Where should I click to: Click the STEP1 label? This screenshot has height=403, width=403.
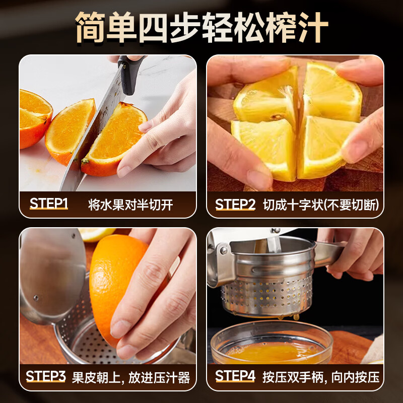49,204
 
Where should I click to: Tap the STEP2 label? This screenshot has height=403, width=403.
235,205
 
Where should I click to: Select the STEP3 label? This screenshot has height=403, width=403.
46,376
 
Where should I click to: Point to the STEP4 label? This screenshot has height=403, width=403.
235,376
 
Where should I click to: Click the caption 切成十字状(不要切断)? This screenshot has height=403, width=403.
321,205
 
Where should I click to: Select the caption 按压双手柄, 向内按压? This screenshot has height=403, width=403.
321,377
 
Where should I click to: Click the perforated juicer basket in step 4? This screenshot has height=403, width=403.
267,295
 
